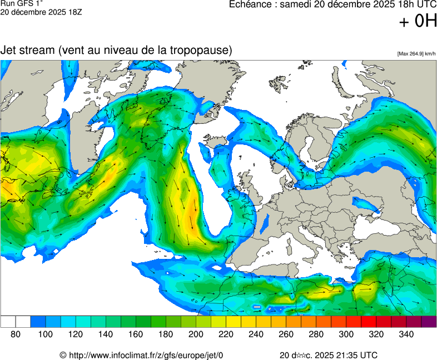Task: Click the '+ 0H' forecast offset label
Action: [x=418, y=22]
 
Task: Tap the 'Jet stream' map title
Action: [x=27, y=50]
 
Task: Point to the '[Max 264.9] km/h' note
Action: [x=416, y=53]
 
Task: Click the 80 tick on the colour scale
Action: [x=16, y=334]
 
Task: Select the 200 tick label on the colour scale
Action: [x=196, y=334]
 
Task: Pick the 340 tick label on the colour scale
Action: [x=406, y=334]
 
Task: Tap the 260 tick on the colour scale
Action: [x=286, y=334]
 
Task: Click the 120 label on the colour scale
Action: [x=76, y=334]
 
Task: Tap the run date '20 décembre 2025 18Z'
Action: [x=42, y=12]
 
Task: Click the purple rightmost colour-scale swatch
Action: [x=429, y=322]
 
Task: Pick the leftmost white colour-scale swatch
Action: [x=8, y=322]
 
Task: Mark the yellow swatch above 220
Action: [x=234, y=322]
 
